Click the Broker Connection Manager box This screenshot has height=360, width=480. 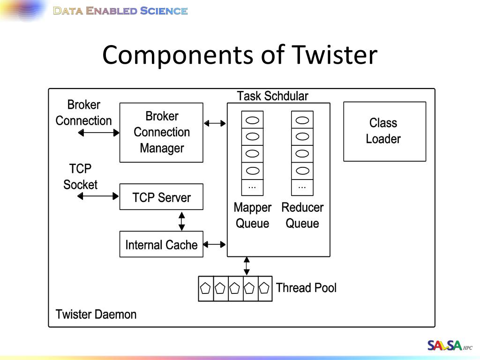point(161,133)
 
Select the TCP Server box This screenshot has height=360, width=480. point(161,197)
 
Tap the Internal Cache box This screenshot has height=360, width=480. point(161,244)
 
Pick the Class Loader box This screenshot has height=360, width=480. point(385,131)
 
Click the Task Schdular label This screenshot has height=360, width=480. point(272,96)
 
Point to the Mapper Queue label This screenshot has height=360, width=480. point(253,216)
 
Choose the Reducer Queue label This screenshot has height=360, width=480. point(302,216)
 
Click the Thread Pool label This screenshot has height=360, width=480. point(306,288)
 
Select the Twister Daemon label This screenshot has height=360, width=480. point(96,315)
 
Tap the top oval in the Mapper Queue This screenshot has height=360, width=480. point(253,120)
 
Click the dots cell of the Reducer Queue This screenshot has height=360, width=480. point(302,187)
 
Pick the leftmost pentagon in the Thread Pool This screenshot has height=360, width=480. point(205,288)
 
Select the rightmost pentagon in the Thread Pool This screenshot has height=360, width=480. point(264,288)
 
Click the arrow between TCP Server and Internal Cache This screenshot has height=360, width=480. point(181,221)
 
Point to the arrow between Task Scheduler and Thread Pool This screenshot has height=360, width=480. point(247,266)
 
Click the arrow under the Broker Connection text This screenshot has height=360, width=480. point(98,133)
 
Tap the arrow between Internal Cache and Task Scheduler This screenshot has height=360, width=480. point(214,244)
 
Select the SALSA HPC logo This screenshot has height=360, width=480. point(450,345)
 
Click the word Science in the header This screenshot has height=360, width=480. point(164,11)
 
